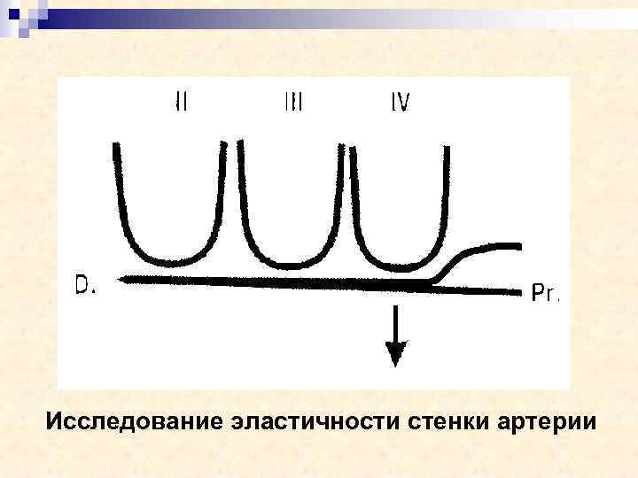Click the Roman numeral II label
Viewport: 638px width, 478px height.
click(x=181, y=102)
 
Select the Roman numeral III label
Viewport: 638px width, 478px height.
click(x=293, y=103)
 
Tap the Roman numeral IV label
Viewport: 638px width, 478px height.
click(x=401, y=103)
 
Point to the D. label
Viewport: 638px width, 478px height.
click(x=86, y=285)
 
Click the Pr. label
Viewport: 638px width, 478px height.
click(x=545, y=293)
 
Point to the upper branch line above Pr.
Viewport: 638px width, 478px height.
click(x=496, y=247)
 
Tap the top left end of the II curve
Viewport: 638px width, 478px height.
click(x=116, y=147)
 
